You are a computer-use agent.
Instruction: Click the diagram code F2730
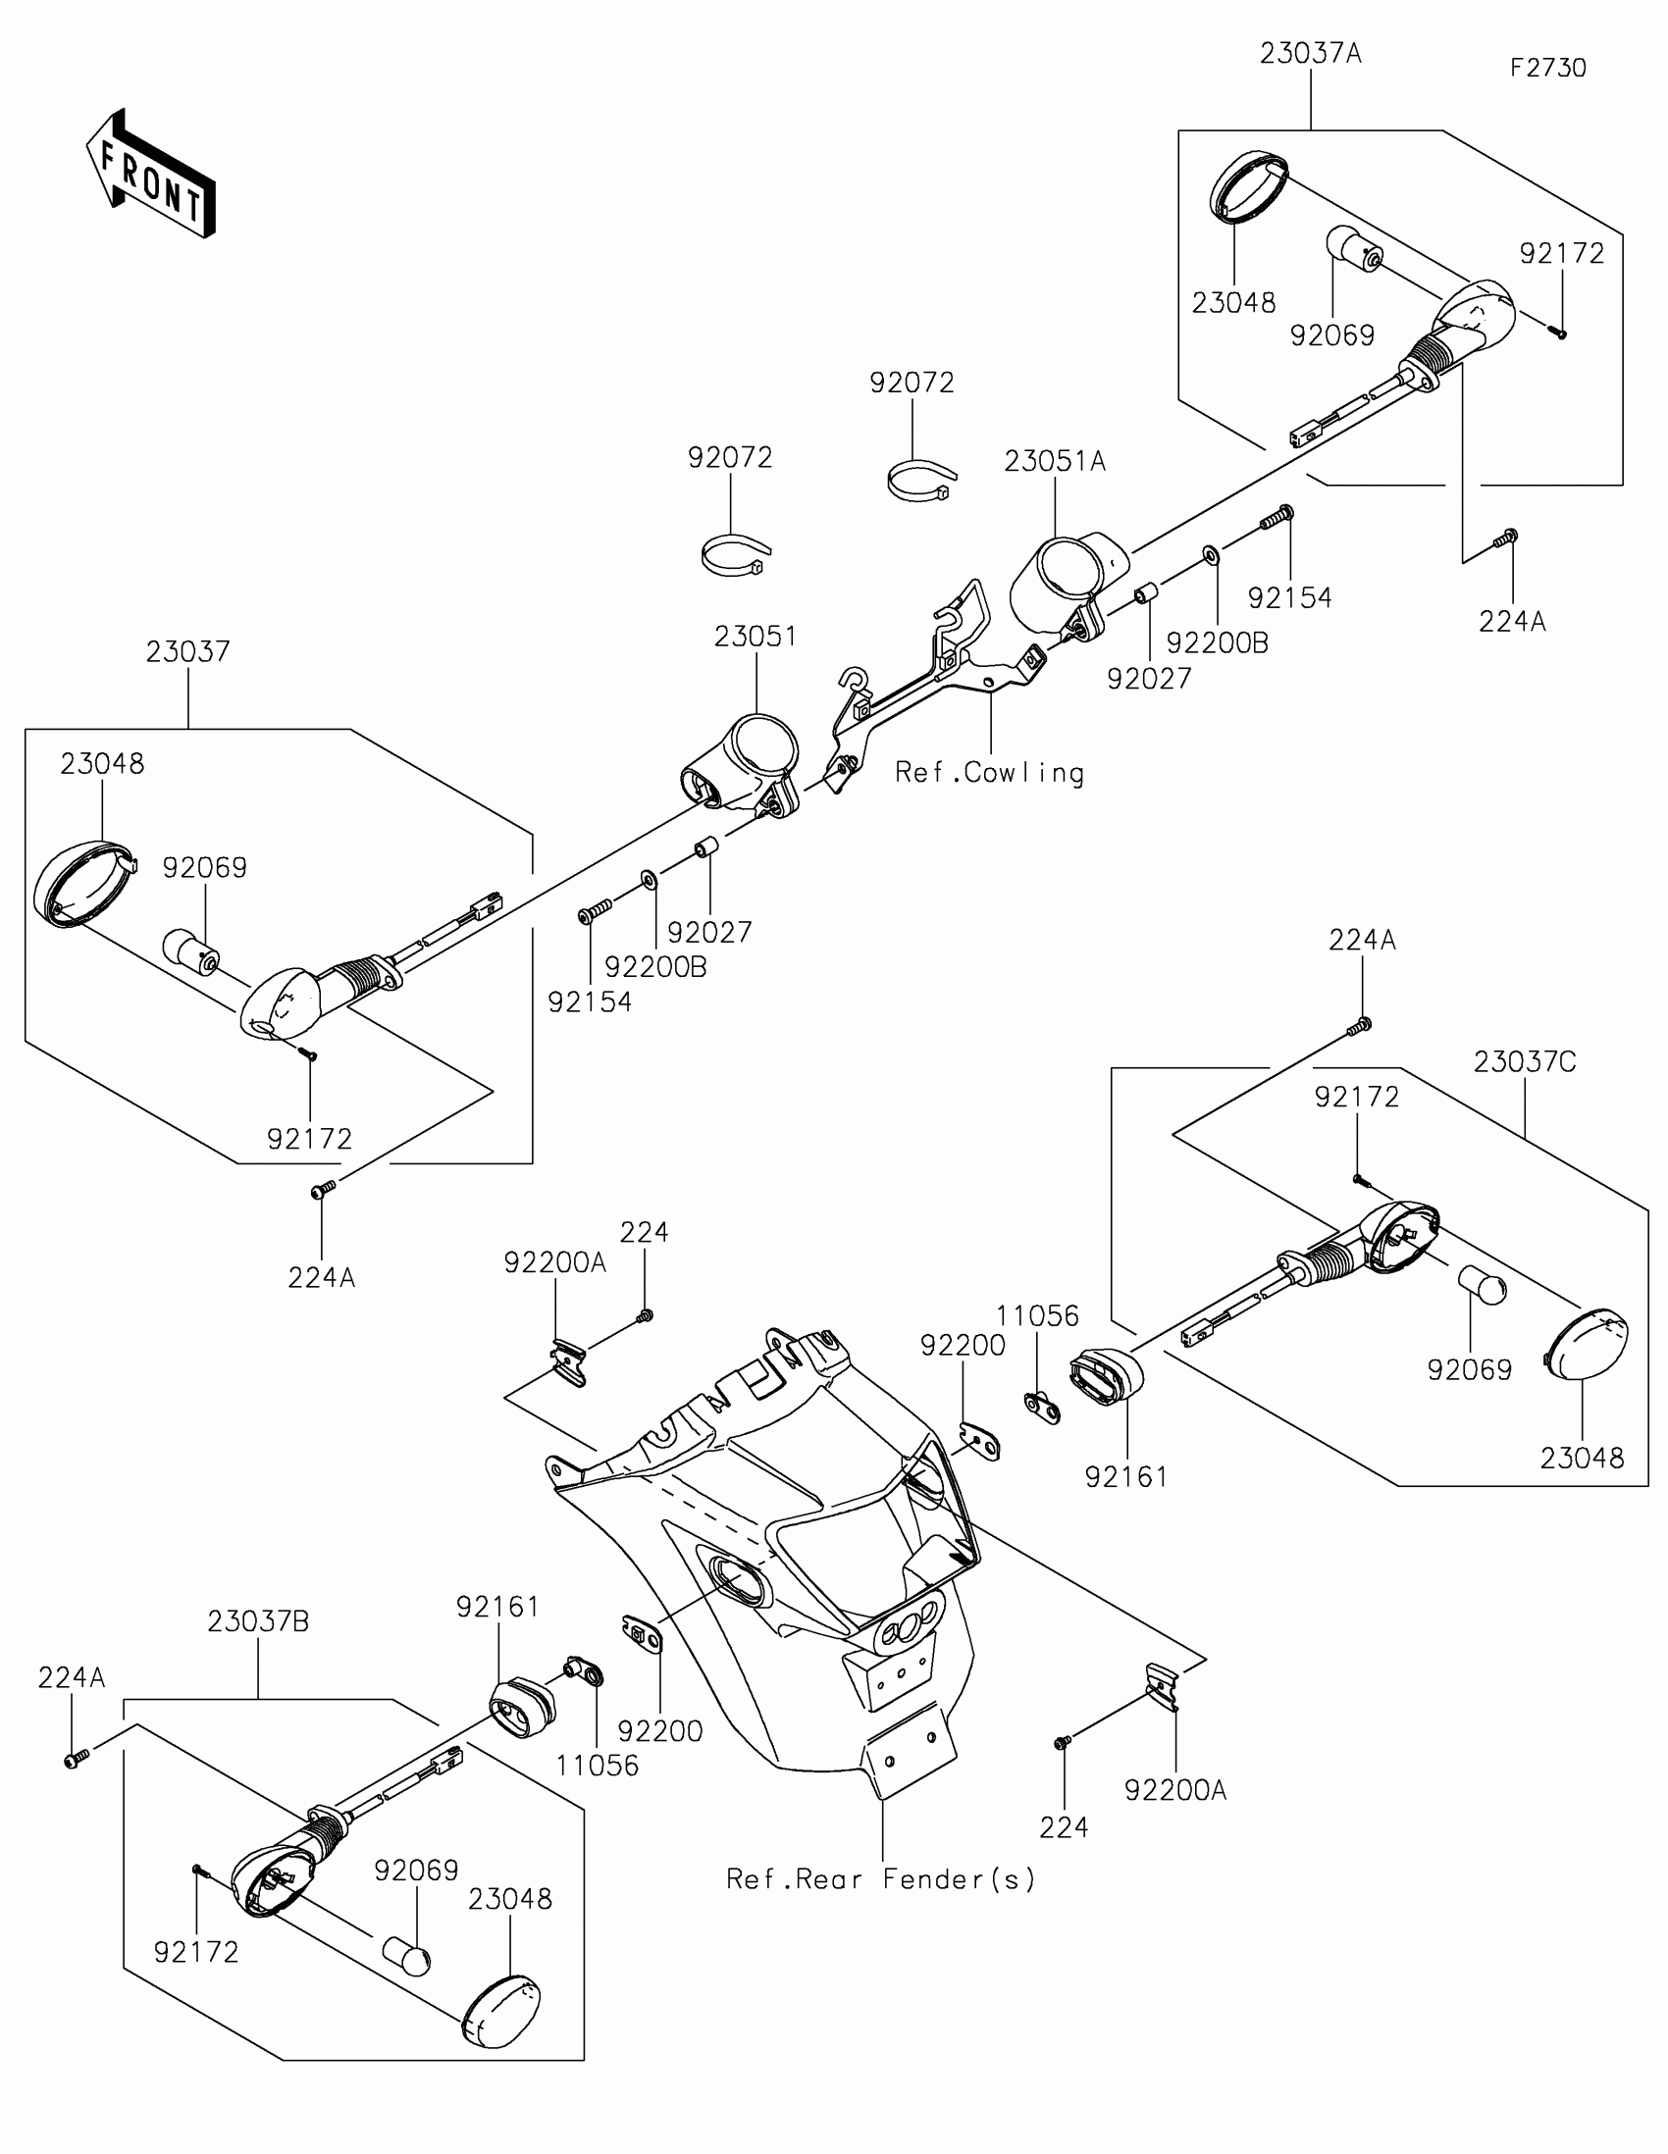point(1547,68)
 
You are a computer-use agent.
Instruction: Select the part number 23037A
point(1310,53)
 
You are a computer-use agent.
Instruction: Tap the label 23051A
point(1055,461)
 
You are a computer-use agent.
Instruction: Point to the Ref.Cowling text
point(989,772)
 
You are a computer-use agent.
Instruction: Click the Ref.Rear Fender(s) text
point(881,1878)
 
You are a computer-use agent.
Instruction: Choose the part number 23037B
point(258,1621)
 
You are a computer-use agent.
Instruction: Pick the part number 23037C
point(1525,1061)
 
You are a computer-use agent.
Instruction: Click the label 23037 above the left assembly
point(187,651)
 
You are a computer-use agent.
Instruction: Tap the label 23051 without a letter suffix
point(756,637)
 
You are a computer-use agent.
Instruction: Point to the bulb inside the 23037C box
point(1483,1288)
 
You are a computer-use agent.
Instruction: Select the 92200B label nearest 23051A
point(1218,643)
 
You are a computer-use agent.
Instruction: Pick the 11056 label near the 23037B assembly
point(597,1765)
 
